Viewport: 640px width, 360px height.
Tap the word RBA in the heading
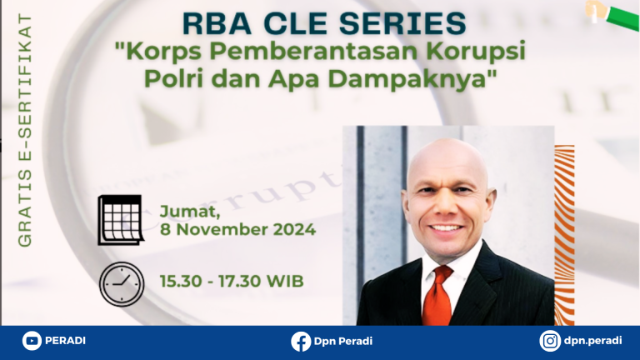[217, 23]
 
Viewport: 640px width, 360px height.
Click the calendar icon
[120, 220]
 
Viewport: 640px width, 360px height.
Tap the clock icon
[122, 284]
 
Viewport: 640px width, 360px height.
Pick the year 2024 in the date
[294, 229]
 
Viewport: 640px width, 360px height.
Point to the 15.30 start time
[181, 281]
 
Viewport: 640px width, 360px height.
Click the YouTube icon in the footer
[32, 340]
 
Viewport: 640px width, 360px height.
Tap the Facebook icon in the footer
[301, 341]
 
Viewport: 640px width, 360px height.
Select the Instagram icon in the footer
[550, 341]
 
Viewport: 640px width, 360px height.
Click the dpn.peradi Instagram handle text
[593, 341]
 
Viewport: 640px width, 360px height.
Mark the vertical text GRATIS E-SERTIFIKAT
[25, 131]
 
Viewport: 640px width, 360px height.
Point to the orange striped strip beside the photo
[564, 235]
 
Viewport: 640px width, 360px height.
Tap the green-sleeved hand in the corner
[612, 15]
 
